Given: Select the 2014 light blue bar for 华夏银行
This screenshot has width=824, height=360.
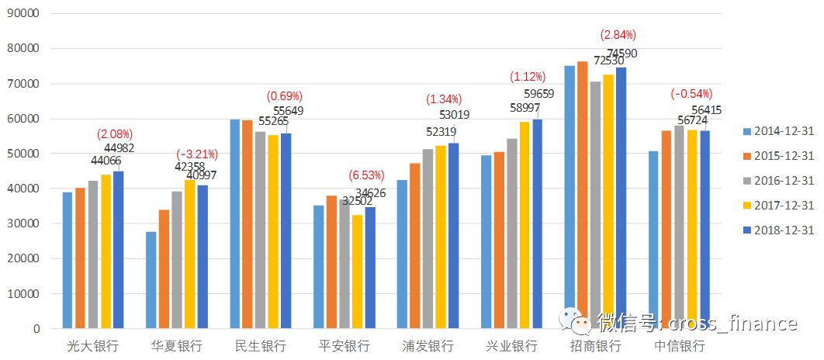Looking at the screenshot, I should click(151, 280).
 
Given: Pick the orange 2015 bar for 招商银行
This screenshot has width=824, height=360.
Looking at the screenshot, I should click(582, 195).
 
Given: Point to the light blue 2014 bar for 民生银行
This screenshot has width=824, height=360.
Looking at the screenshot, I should click(234, 224).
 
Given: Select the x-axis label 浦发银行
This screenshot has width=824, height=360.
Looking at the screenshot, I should click(428, 345).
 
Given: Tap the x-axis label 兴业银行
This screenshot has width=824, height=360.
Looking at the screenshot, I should click(511, 345).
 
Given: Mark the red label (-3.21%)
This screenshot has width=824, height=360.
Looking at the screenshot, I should click(196, 154).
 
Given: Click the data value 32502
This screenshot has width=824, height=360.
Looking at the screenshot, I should click(357, 200).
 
